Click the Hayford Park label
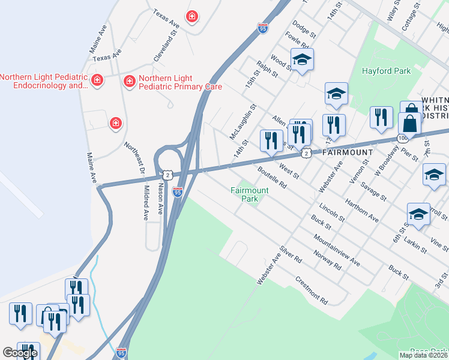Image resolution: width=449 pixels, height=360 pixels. point(386,71)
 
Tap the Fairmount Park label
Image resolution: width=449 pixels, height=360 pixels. point(250,194)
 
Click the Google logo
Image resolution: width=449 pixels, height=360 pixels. point(20,353)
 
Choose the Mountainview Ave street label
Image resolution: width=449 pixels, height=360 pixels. point(336,254)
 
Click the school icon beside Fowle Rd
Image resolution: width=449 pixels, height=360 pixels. point(302,59)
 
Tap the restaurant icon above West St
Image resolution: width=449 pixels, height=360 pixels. point(271,140)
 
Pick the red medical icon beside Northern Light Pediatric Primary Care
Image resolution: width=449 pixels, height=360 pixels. point(128,80)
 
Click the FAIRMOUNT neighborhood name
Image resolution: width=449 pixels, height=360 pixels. point(348,152)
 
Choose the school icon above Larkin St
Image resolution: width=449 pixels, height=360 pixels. point(418,214)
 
